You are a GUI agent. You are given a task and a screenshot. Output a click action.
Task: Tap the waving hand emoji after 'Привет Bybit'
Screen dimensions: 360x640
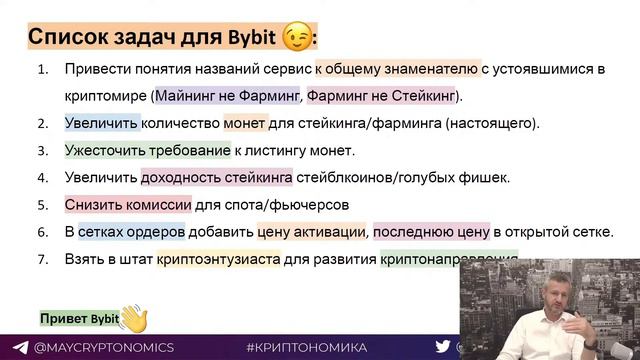click(x=133, y=318)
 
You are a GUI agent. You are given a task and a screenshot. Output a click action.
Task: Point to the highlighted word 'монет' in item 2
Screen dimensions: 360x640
click(x=244, y=124)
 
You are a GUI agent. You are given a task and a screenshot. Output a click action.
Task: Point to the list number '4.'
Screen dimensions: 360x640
click(x=43, y=178)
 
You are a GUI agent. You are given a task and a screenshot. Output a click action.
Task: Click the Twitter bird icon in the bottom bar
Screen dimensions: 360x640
click(x=442, y=346)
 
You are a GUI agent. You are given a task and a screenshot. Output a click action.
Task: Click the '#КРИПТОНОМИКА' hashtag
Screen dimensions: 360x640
click(x=306, y=346)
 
